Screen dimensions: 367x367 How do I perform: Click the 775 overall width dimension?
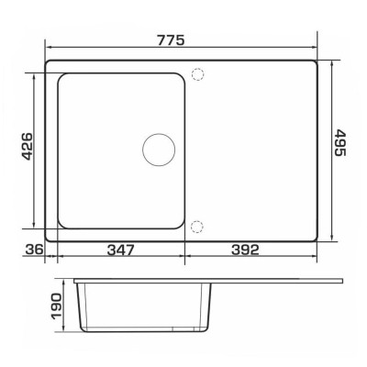(172, 40)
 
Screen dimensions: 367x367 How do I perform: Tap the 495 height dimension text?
(339, 142)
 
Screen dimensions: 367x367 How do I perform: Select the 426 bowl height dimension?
(28, 147)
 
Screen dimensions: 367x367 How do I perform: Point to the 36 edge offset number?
(34, 250)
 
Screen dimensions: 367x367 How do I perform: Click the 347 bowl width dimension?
(121, 250)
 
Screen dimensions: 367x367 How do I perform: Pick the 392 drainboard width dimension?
(245, 250)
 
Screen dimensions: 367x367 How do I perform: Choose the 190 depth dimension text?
(56, 306)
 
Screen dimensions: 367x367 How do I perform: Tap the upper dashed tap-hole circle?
(197, 74)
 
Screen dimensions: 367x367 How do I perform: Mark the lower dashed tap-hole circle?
(196, 227)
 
